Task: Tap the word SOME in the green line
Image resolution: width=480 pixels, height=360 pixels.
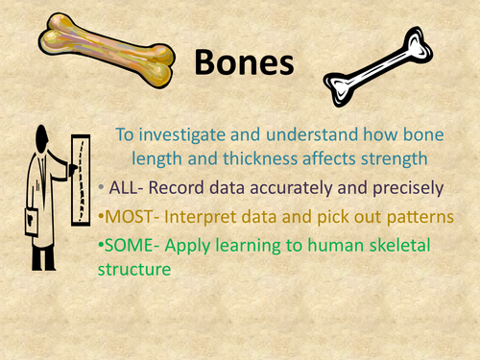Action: pyautogui.click(x=131, y=246)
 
